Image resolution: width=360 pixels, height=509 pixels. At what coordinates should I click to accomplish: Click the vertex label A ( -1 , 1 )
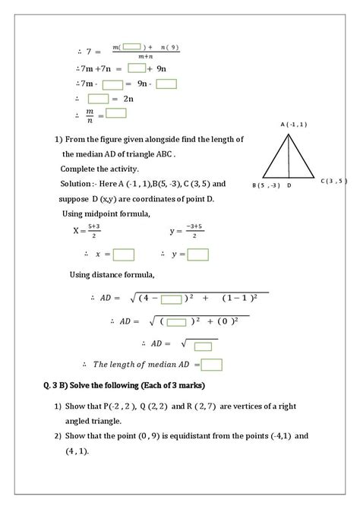pyautogui.click(x=293, y=124)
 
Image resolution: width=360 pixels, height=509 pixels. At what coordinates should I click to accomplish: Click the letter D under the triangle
pyautogui.click(x=290, y=185)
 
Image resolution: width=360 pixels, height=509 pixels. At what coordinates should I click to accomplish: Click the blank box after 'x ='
pyautogui.click(x=124, y=254)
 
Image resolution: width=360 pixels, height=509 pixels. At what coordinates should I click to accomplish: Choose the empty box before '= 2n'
pyautogui.click(x=99, y=99)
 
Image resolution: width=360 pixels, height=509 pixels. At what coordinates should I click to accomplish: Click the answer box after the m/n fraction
pyautogui.click(x=116, y=114)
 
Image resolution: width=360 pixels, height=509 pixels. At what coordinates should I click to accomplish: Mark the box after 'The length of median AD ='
pyautogui.click(x=212, y=365)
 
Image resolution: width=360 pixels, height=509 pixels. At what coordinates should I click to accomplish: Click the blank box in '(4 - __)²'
pyautogui.click(x=172, y=299)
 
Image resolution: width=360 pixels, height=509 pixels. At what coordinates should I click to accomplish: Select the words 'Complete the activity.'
pyautogui.click(x=94, y=168)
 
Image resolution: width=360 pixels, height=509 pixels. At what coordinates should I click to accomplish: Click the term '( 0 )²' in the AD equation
pyautogui.click(x=226, y=321)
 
